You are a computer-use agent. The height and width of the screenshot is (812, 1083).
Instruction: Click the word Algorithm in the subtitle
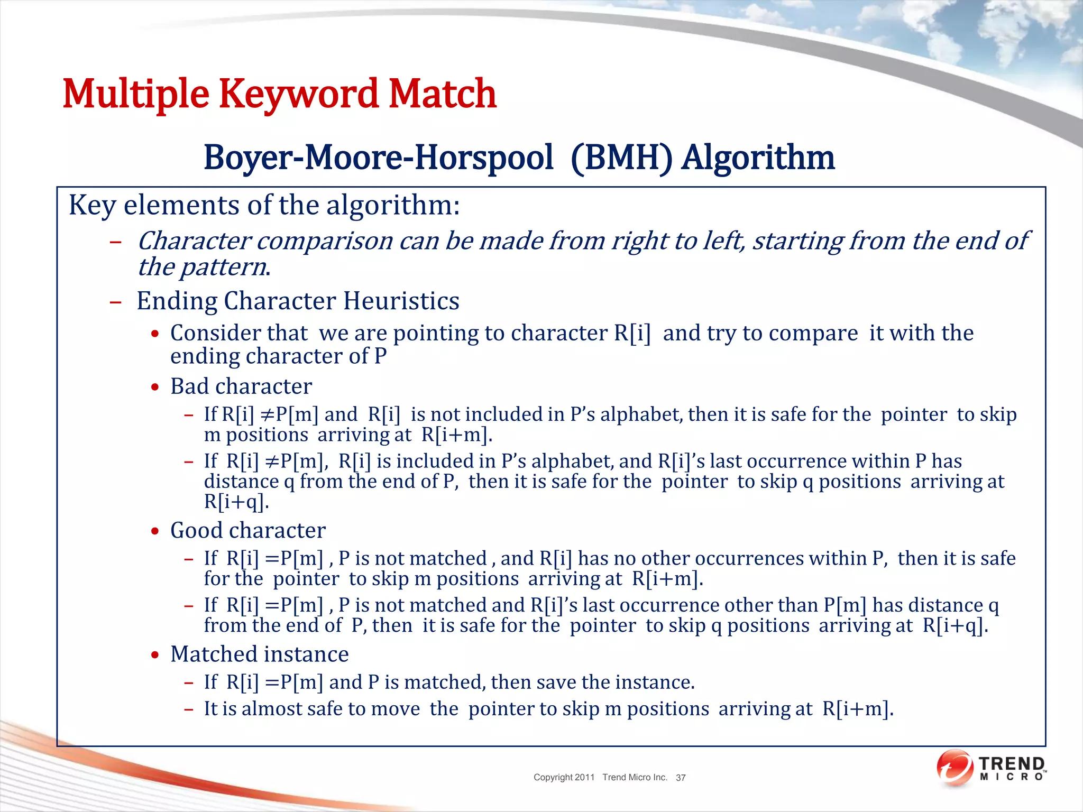(758, 158)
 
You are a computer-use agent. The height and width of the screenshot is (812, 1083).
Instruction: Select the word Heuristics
(401, 301)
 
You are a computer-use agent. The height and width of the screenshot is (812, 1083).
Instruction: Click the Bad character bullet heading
(241, 386)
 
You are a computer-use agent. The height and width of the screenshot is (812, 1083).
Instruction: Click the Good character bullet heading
(248, 530)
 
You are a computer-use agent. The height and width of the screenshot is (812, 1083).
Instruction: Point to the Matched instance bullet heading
(260, 654)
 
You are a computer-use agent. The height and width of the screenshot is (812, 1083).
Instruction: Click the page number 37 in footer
(681, 778)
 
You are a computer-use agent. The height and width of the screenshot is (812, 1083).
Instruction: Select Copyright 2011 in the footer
(564, 777)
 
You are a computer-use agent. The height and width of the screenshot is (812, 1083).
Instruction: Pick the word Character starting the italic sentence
(194, 241)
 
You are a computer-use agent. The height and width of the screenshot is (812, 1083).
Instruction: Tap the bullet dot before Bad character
(155, 387)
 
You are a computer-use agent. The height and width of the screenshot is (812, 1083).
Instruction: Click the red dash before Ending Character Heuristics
(115, 302)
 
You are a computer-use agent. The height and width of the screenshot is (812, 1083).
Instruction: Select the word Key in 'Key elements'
(93, 205)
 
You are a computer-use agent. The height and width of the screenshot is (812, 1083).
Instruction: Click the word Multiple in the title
(136, 94)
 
